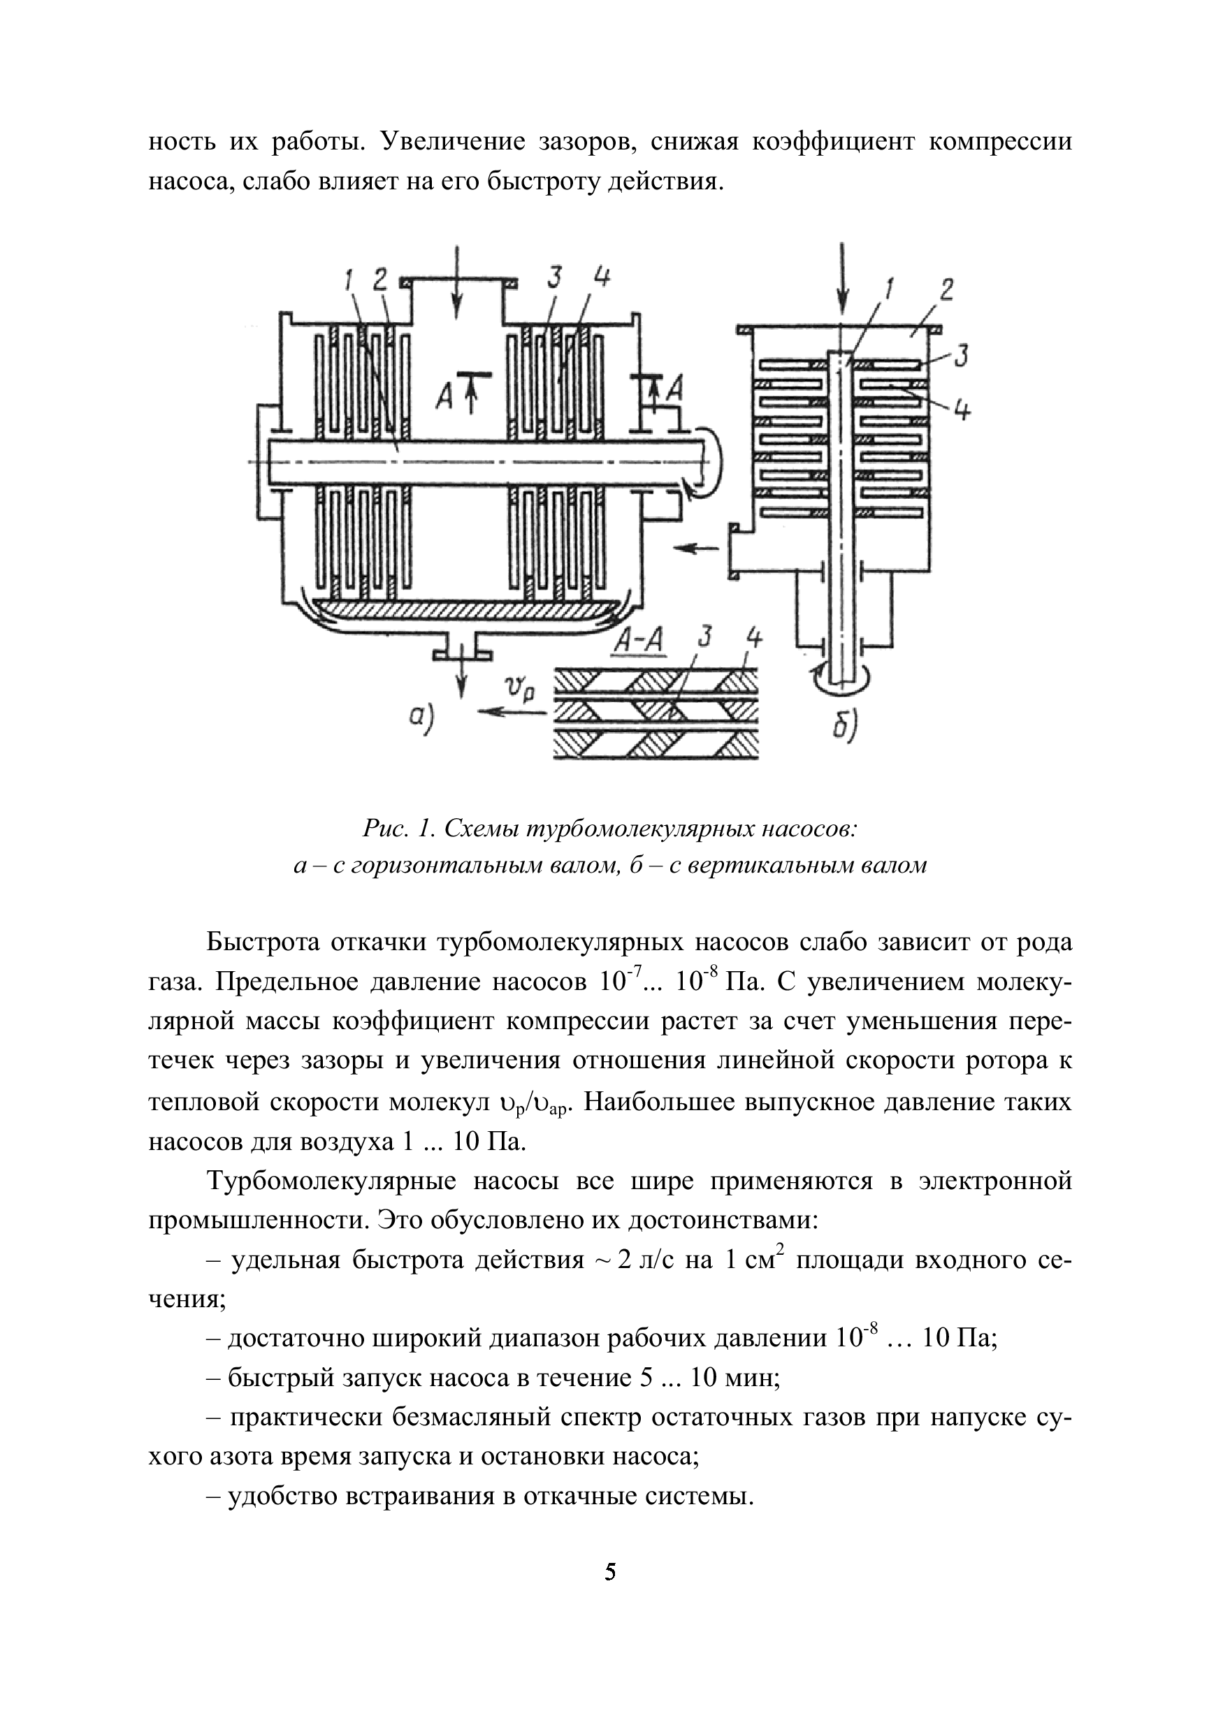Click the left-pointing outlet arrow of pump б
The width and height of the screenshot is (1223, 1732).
tap(695, 549)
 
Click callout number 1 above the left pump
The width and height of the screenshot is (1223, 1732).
tap(349, 281)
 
